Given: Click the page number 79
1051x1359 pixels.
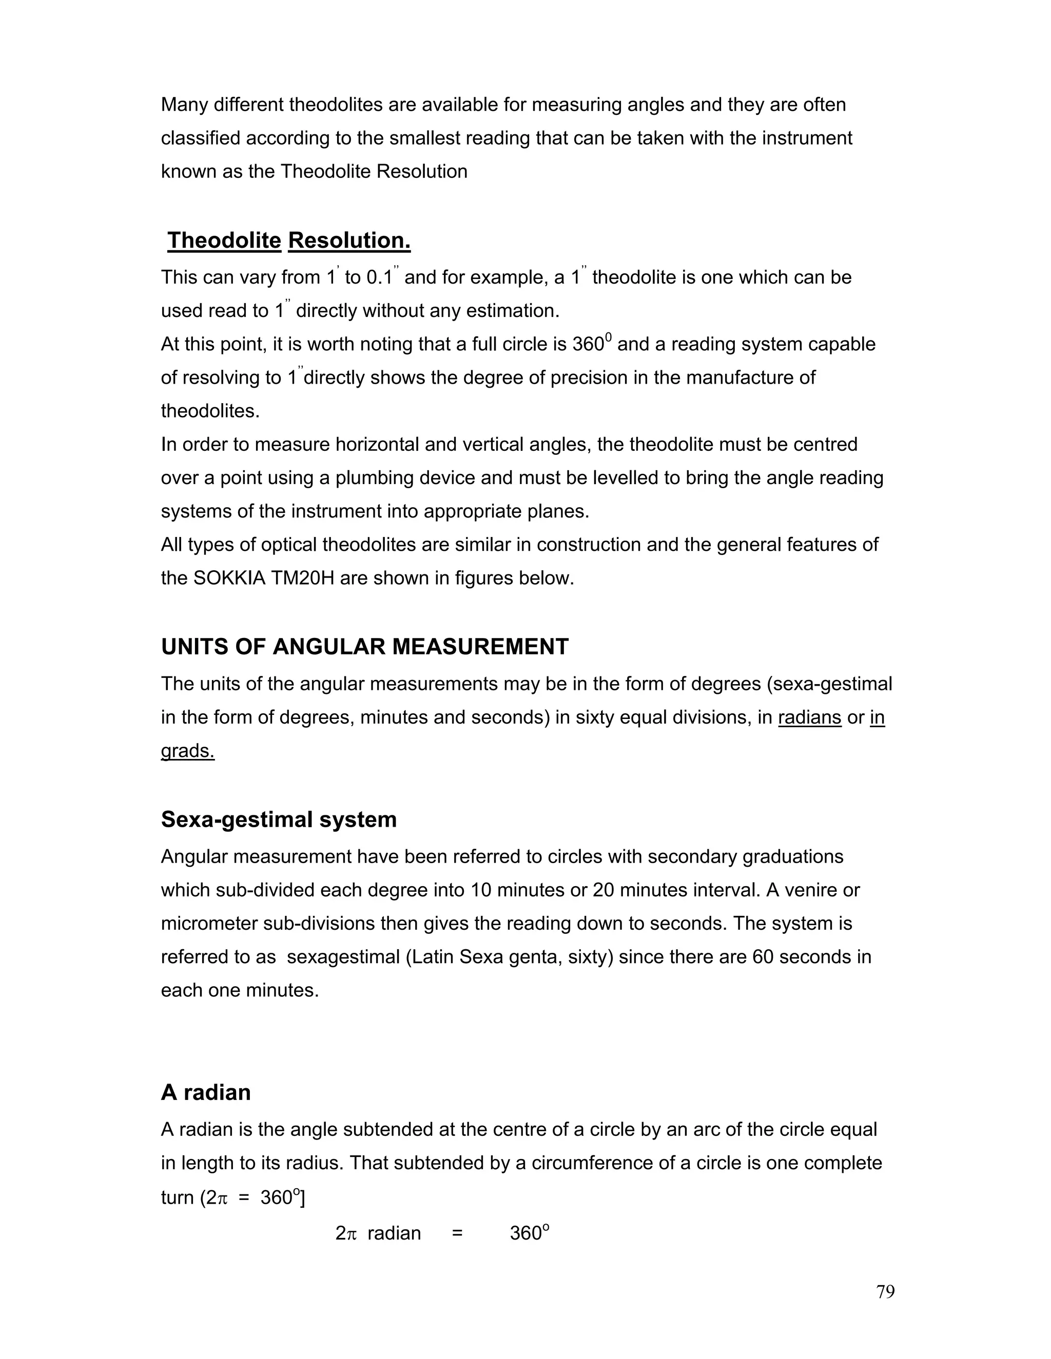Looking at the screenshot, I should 885,1292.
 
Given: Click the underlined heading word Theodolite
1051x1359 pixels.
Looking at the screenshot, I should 224,240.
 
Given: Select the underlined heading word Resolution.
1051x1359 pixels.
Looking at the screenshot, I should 349,240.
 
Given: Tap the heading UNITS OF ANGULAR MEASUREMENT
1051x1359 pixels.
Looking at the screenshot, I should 364,647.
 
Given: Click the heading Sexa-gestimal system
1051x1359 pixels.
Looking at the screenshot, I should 278,820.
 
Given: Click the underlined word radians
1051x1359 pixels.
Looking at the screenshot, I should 809,717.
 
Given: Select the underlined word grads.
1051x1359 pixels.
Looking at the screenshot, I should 187,751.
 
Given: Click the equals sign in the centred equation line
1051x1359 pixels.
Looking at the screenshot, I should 458,1233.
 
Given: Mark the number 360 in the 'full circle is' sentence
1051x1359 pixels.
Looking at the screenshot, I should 588,345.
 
